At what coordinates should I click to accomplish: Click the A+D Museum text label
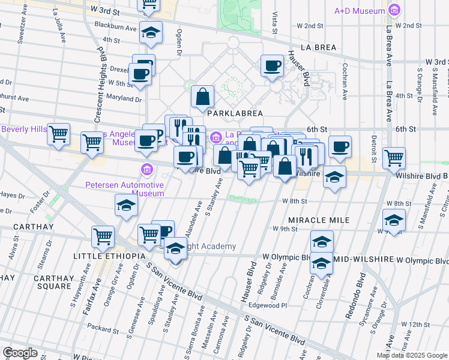point(359,11)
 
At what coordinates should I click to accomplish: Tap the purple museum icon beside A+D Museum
point(394,10)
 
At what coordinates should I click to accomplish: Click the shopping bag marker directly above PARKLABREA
point(203,96)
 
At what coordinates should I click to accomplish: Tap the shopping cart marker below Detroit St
point(394,158)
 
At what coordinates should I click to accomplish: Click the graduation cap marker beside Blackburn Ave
point(151,33)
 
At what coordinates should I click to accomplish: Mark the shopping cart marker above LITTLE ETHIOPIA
point(103,236)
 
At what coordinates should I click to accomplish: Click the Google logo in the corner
point(20,352)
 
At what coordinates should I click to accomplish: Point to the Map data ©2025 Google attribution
point(412,355)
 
